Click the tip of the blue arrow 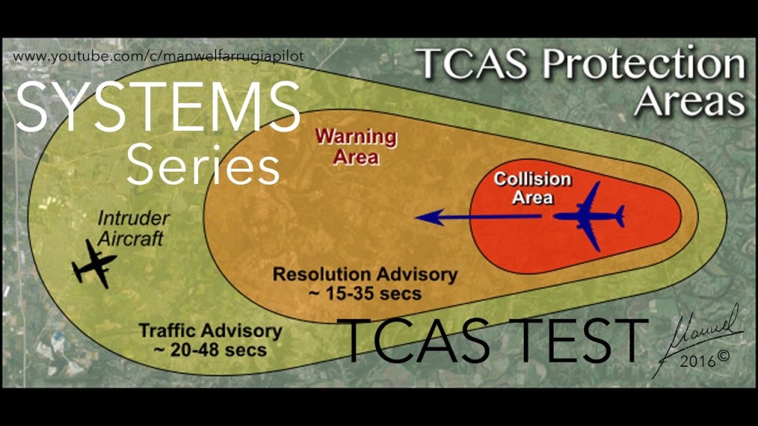[x=416, y=217]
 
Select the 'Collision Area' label [x=532, y=189]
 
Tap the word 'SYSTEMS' [x=158, y=107]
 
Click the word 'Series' [x=203, y=164]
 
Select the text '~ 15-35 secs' [x=365, y=293]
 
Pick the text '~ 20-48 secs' [x=210, y=350]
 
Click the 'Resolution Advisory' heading [x=365, y=274]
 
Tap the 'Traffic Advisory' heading [x=210, y=331]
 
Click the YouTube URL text [x=158, y=56]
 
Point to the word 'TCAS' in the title [x=472, y=64]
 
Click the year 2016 [x=697, y=360]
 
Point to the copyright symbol [x=723, y=356]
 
